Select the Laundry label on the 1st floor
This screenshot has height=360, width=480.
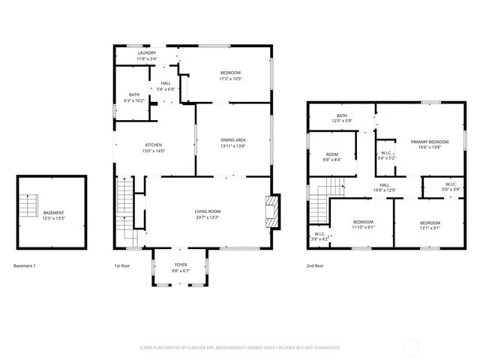tap(146, 53)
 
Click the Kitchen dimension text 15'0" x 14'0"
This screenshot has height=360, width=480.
tap(154, 151)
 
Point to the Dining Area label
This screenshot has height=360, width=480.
tap(233, 139)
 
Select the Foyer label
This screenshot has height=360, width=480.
tap(181, 265)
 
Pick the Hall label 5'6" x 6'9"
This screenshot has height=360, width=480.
tap(165, 83)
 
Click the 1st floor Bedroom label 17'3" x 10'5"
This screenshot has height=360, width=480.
tap(230, 73)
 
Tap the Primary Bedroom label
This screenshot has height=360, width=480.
tap(429, 142)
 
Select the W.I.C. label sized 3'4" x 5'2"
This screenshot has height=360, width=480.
tap(384, 154)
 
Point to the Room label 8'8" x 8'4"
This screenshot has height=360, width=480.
tap(332, 154)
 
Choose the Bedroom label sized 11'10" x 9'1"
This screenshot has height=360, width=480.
tap(363, 222)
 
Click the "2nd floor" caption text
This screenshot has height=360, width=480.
tap(315, 265)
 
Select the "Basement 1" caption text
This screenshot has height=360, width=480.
tap(25, 265)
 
